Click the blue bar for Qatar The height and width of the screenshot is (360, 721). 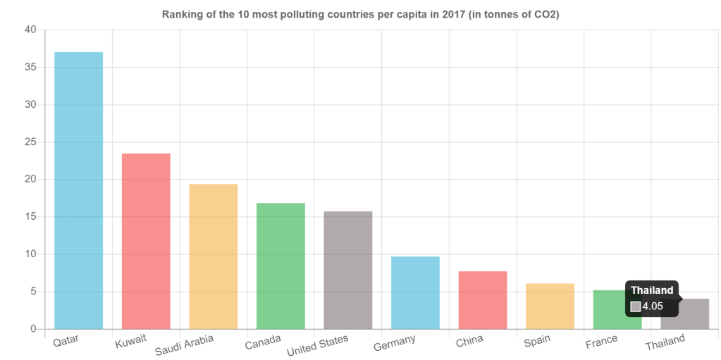78,190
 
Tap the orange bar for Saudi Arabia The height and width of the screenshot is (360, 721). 214,256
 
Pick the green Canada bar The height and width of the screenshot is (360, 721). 281,266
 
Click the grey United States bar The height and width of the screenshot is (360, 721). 348,270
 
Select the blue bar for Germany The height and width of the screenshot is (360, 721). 415,292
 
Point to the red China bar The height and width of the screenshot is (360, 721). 483,300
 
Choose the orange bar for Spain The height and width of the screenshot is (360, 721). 550,306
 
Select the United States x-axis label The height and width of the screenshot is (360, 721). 317,346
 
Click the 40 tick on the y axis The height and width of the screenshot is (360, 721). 31,30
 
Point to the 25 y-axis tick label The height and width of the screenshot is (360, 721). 31,142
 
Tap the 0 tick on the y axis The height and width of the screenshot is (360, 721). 33,328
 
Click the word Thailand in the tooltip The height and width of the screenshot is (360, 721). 652,290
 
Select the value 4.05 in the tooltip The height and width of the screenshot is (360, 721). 653,306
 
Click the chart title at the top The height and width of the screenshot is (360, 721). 360,14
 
